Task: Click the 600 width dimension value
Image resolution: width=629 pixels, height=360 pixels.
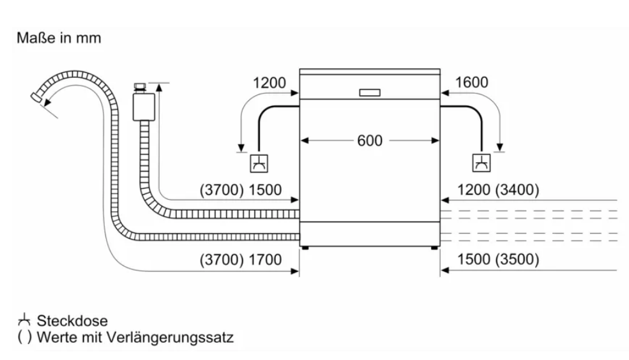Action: pyautogui.click(x=370, y=140)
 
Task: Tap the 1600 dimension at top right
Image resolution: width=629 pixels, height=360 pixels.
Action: pyautogui.click(x=471, y=82)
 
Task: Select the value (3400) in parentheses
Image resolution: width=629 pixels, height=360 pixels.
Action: pyautogui.click(x=517, y=190)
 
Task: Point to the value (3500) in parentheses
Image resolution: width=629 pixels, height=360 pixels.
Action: pyautogui.click(x=517, y=259)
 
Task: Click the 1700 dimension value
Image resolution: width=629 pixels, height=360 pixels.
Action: pyautogui.click(x=265, y=260)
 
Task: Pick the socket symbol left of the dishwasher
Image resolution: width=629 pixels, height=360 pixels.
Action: pyautogui.click(x=259, y=163)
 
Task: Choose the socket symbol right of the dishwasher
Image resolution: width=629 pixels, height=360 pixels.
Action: pyautogui.click(x=481, y=163)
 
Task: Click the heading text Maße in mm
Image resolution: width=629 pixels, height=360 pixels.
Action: pyautogui.click(x=59, y=38)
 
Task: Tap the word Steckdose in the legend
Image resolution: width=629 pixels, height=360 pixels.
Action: pyautogui.click(x=72, y=320)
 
